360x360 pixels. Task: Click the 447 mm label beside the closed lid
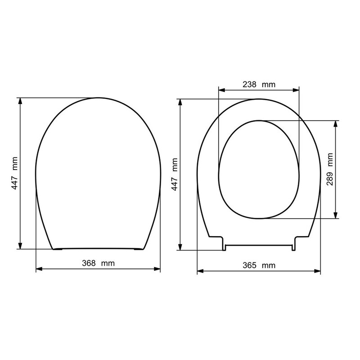pyautogui.click(x=15, y=173)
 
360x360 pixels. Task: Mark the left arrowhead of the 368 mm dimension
pyautogui.click(x=38, y=269)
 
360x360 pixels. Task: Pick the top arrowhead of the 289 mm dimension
pyautogui.click(x=335, y=123)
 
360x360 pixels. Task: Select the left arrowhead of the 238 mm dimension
pyautogui.click(x=221, y=90)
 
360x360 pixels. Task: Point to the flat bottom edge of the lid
pyautogui.click(x=98, y=248)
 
